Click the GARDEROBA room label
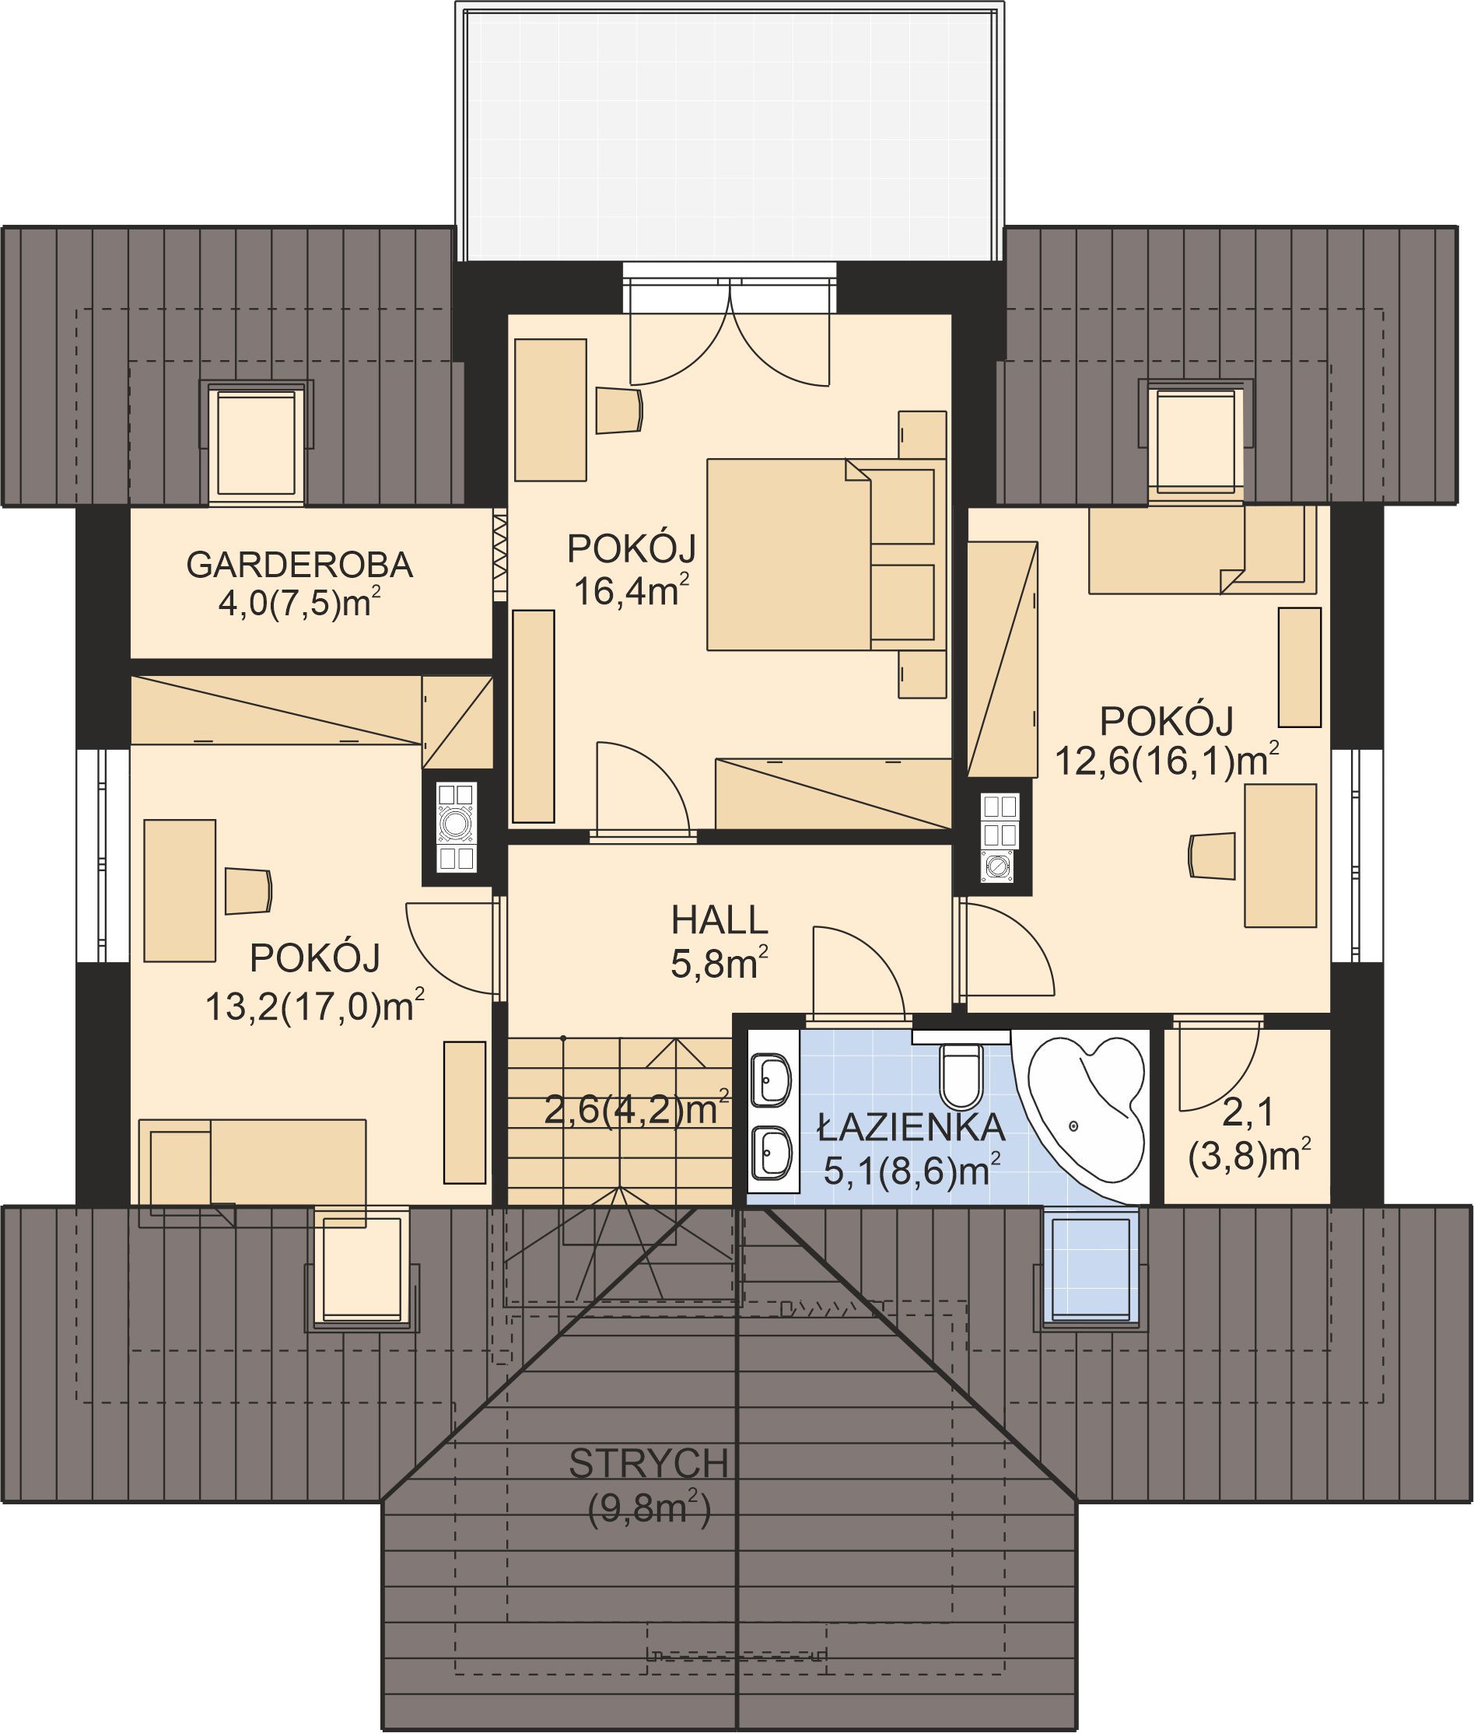point(299,565)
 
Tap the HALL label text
point(719,921)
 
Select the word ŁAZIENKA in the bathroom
point(911,1128)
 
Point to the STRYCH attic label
point(649,1464)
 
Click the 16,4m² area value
point(631,592)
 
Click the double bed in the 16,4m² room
point(821,554)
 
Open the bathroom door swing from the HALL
point(857,975)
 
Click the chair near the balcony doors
point(619,410)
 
